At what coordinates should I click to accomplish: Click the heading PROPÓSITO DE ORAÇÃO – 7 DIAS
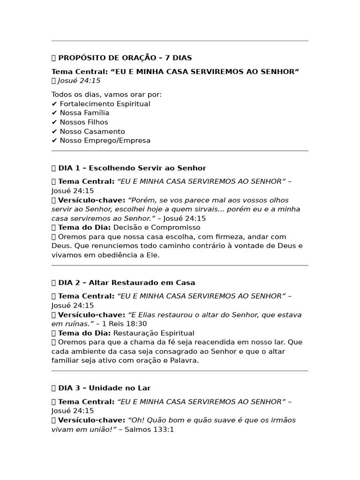tap(125, 58)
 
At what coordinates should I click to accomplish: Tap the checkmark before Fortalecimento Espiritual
tap(54, 104)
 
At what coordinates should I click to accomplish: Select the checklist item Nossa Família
tap(84, 113)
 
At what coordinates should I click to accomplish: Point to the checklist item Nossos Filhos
tap(84, 122)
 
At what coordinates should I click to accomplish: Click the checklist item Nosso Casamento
tap(92, 132)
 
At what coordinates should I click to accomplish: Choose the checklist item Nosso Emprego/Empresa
tap(105, 141)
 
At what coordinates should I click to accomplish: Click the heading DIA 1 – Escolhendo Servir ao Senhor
tap(132, 168)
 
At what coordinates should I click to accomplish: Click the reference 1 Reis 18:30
tap(125, 324)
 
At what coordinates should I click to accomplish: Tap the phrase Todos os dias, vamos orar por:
tap(106, 95)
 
